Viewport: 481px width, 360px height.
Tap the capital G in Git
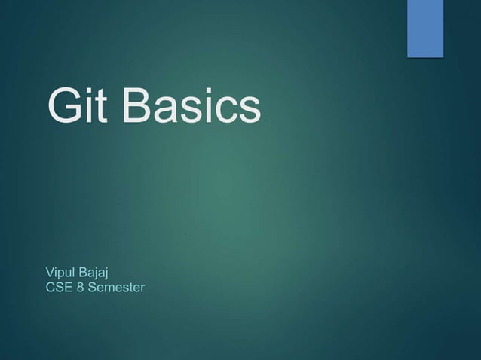(x=63, y=107)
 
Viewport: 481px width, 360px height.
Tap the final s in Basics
(x=250, y=111)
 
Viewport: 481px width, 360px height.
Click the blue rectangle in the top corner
(x=425, y=28)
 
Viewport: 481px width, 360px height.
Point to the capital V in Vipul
(x=51, y=271)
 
